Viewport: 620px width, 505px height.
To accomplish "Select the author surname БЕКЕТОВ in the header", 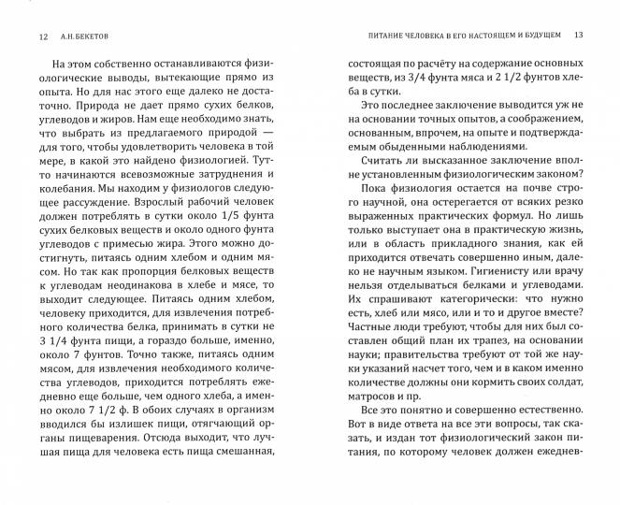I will (89, 37).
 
